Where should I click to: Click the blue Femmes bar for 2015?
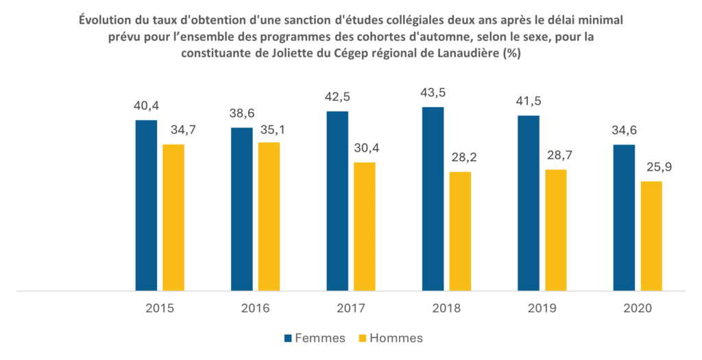pyautogui.click(x=147, y=206)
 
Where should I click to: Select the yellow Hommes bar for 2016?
pyautogui.click(x=269, y=217)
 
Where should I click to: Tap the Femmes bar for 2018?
pyautogui.click(x=433, y=199)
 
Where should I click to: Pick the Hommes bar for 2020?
pyautogui.click(x=651, y=236)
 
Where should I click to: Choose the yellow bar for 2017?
pyautogui.click(x=365, y=226)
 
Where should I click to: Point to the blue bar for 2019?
pyautogui.click(x=529, y=203)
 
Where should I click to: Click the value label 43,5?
pyautogui.click(x=433, y=93)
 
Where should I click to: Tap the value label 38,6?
pyautogui.click(x=242, y=114)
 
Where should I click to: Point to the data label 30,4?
pyautogui.click(x=365, y=147)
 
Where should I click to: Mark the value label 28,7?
pyautogui.click(x=556, y=155)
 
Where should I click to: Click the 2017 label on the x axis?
pyautogui.click(x=351, y=309)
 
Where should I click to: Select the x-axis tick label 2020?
pyautogui.click(x=638, y=309)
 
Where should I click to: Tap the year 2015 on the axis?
pyautogui.click(x=160, y=309)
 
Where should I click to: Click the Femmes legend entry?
pyautogui.click(x=315, y=338)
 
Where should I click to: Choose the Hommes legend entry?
pyautogui.click(x=391, y=338)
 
